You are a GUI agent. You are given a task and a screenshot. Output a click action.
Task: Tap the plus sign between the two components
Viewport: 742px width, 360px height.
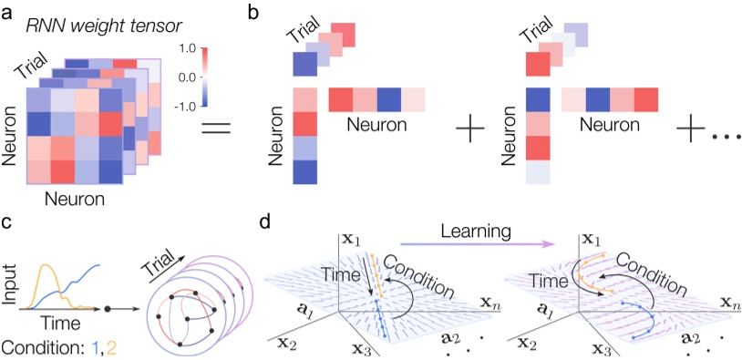(474, 131)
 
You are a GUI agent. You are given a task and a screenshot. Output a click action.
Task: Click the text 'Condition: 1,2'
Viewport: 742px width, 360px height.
(60, 346)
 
